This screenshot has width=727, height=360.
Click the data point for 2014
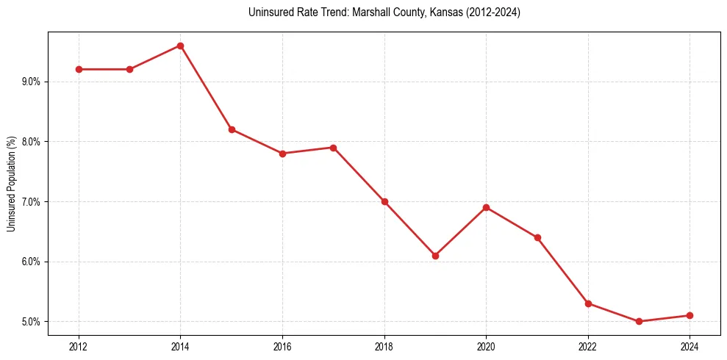click(x=180, y=46)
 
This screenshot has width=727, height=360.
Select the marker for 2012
click(x=79, y=69)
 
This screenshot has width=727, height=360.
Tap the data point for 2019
click(x=435, y=256)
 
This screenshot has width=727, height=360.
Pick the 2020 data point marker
click(x=486, y=207)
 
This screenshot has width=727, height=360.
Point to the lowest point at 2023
click(x=639, y=321)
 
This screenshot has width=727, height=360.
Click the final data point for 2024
click(x=690, y=315)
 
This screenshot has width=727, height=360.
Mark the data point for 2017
click(x=333, y=148)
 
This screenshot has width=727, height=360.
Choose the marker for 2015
click(x=232, y=129)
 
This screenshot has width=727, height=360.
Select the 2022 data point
click(x=588, y=303)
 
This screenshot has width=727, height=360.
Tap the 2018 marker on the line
click(x=384, y=201)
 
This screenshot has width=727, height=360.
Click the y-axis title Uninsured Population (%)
click(x=11, y=184)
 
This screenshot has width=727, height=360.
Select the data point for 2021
click(x=537, y=237)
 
